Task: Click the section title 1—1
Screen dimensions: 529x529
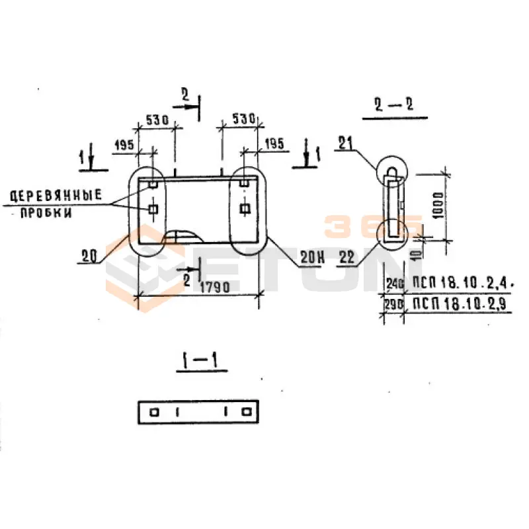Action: pos(200,361)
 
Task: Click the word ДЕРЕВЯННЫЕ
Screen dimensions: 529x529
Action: pos(55,195)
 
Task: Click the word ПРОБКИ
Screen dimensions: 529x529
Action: pos(45,214)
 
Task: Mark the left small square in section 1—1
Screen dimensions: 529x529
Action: pos(154,412)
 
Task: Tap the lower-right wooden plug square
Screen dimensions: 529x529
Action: pos(245,210)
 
